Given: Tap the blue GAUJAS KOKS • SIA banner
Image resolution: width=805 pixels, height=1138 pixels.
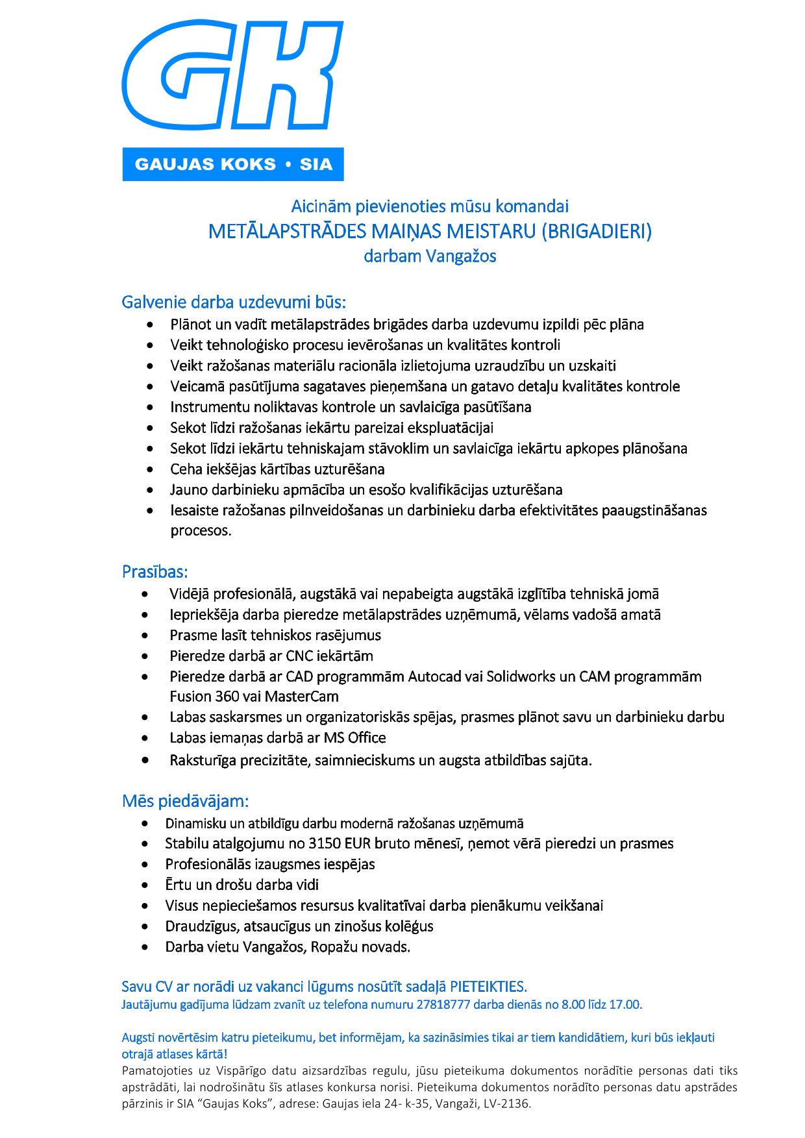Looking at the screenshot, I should (x=233, y=164).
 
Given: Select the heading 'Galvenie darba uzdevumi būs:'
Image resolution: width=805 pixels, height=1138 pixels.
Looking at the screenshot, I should (x=234, y=302).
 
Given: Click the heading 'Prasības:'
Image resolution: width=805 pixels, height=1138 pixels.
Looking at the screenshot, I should (x=155, y=572).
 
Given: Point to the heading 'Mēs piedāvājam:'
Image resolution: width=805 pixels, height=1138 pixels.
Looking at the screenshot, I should (x=185, y=801).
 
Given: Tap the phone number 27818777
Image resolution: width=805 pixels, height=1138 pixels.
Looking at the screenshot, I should (x=443, y=1004).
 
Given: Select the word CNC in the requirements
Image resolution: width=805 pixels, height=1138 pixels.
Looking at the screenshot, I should (x=300, y=656).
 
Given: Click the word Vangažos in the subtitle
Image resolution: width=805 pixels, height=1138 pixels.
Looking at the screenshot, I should (x=461, y=256).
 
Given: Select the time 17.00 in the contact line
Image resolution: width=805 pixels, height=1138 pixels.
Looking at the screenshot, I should (x=625, y=1004).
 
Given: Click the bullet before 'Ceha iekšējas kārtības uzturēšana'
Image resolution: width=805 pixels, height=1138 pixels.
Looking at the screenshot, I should (x=150, y=469).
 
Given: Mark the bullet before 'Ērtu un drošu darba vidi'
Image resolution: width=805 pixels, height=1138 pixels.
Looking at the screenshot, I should (x=145, y=885).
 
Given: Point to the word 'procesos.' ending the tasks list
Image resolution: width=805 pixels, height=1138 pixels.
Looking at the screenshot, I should (x=201, y=530).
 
